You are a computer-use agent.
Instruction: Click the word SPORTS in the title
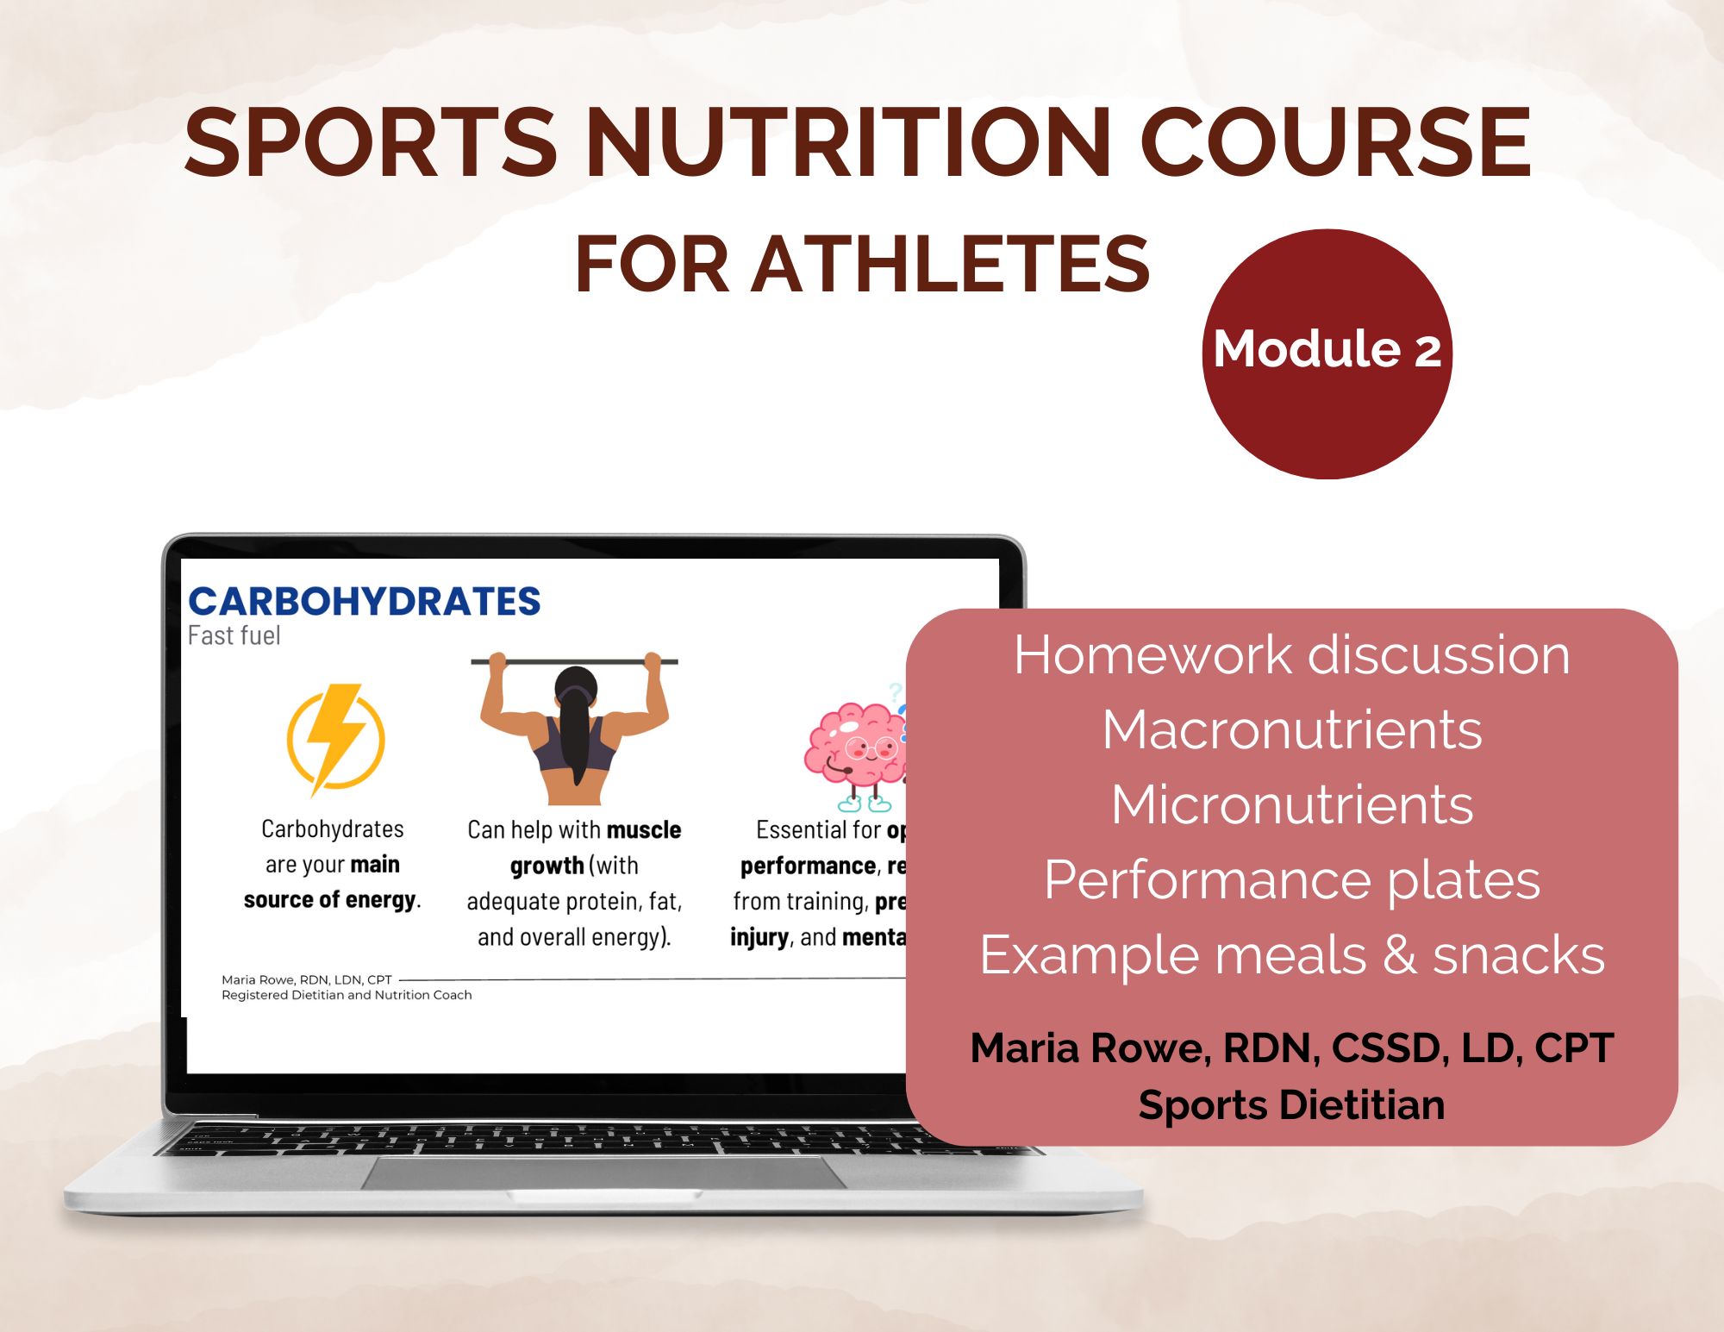[371, 143]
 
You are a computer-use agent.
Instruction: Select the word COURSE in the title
[1335, 143]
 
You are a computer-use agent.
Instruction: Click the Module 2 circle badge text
[1327, 350]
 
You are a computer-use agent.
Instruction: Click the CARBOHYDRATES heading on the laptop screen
[364, 602]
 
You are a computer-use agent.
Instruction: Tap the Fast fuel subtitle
[234, 636]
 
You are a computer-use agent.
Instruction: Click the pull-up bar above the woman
[573, 661]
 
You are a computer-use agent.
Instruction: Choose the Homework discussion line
[1291, 655]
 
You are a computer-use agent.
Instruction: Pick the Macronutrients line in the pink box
[1291, 730]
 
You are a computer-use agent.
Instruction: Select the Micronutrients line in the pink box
[1291, 805]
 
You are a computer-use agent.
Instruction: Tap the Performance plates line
[1291, 880]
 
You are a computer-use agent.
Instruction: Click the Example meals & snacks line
[1291, 955]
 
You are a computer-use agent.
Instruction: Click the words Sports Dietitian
[1291, 1105]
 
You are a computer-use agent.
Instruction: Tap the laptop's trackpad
[603, 1173]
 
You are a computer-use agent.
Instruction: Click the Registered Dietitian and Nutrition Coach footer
[347, 995]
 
